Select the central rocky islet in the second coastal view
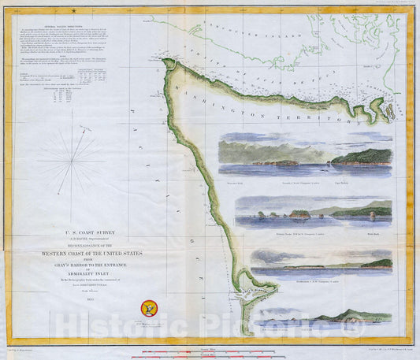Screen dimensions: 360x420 [x=299, y=213]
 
